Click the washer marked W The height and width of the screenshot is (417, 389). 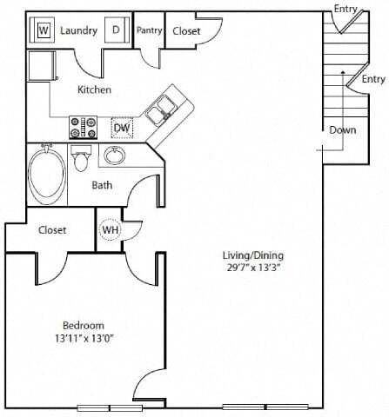tap(44, 30)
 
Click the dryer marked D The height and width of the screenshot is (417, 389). tap(116, 30)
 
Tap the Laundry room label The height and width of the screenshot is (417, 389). tap(79, 30)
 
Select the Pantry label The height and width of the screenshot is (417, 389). tap(148, 30)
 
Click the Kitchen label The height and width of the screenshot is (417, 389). tap(94, 90)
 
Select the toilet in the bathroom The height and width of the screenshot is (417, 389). tap(82, 161)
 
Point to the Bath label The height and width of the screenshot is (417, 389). tap(102, 185)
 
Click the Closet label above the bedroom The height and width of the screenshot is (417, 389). tap(53, 231)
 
